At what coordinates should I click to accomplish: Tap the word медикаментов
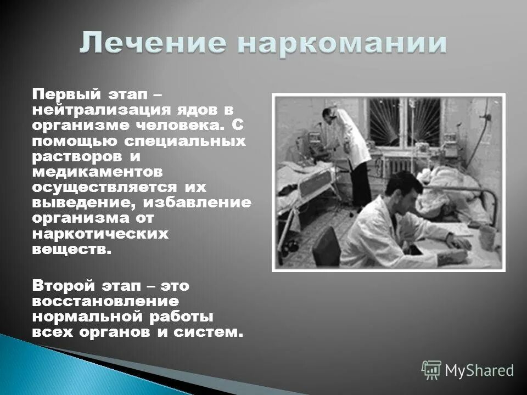97,172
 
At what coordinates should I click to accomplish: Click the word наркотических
100,234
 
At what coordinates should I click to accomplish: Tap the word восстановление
105,301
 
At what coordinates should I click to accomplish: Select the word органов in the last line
134,332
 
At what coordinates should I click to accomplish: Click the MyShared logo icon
431,370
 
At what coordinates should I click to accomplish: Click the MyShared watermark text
479,370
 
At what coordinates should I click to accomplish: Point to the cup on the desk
487,236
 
